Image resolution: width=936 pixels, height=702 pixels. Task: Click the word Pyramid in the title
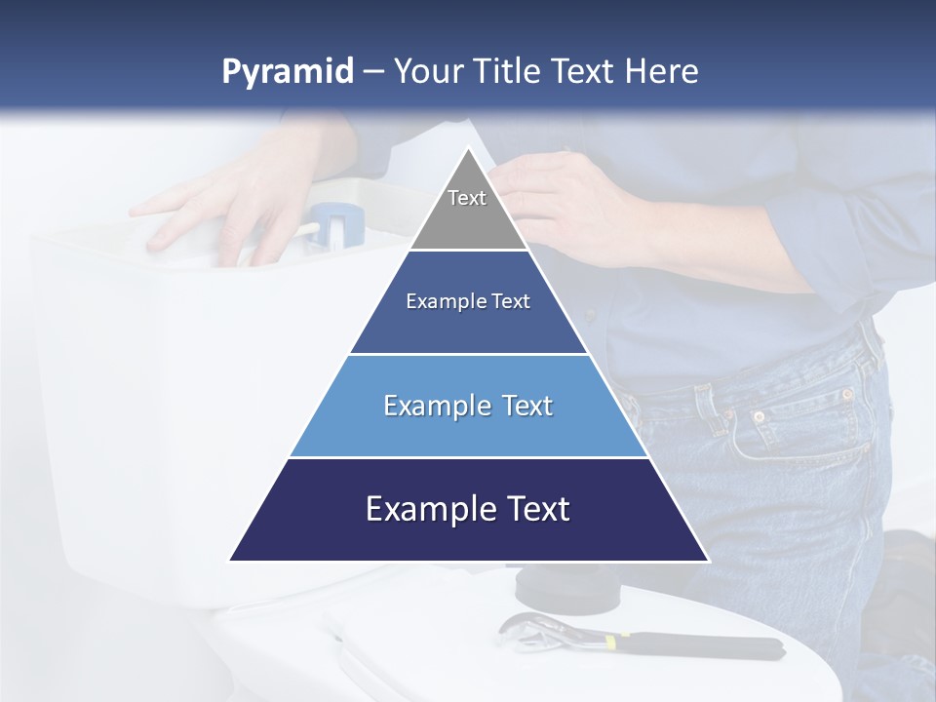[287, 72]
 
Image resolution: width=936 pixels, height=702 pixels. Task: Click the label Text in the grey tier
[467, 198]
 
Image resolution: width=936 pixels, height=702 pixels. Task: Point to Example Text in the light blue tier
[468, 406]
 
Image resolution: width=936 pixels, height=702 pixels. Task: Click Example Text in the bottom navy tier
[468, 509]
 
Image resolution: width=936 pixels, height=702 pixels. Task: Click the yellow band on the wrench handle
[611, 643]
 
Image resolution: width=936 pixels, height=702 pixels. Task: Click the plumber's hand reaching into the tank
[224, 210]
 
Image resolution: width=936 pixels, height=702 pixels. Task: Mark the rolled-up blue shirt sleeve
[838, 234]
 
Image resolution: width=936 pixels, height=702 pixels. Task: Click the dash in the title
[373, 72]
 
